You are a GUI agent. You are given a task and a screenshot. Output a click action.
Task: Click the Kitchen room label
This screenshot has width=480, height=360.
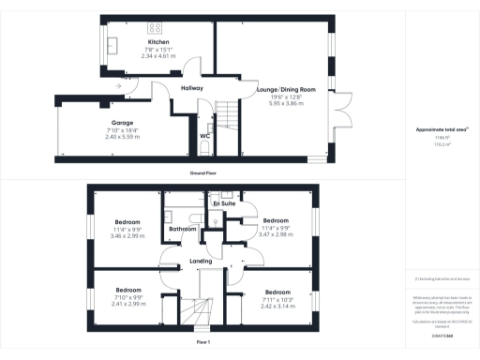pyautogui.click(x=158, y=43)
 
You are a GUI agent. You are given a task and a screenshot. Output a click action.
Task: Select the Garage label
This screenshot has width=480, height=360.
pyautogui.click(x=122, y=123)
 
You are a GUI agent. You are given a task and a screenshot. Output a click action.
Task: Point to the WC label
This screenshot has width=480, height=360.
pyautogui.click(x=204, y=136)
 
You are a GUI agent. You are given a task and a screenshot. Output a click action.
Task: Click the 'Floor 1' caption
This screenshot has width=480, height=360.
pyautogui.click(x=203, y=343)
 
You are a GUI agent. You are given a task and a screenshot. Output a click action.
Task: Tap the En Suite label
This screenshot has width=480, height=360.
pyautogui.click(x=223, y=203)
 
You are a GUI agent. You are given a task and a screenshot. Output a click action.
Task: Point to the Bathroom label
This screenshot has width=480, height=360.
pyautogui.click(x=181, y=229)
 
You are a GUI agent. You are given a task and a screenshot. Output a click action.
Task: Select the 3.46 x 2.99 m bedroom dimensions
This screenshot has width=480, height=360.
pyautogui.click(x=127, y=238)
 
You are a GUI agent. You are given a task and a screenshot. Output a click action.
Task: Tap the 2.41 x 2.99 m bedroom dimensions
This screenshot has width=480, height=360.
pyautogui.click(x=127, y=304)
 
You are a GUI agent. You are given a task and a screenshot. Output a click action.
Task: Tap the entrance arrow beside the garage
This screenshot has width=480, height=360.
pyautogui.click(x=117, y=87)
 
